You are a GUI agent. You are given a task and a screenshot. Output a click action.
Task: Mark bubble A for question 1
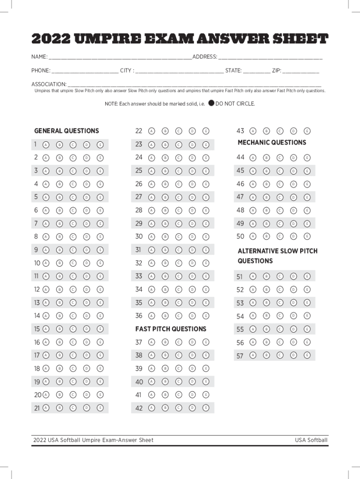46,145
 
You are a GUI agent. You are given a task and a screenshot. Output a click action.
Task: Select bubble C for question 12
73,290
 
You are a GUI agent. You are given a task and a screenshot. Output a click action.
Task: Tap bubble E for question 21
100,408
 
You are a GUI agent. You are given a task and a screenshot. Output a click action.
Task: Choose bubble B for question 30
165,237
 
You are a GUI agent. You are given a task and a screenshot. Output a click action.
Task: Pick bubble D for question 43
293,131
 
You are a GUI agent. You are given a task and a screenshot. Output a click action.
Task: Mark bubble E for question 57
307,356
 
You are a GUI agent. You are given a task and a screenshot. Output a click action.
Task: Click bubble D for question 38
192,356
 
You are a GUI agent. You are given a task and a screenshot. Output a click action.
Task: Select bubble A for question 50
253,237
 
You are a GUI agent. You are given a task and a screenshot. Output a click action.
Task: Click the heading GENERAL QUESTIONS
66,131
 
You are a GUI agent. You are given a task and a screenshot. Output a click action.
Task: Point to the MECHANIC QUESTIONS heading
272,143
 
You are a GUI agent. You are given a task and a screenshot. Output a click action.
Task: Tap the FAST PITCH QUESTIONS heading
171,329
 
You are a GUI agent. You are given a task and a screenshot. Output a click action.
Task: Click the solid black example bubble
211,103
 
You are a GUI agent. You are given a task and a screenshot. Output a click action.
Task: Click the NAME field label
39,57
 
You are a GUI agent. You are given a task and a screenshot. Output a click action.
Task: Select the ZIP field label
276,71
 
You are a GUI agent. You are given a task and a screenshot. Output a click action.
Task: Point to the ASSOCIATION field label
49,84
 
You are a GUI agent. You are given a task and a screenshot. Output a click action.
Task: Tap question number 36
139,316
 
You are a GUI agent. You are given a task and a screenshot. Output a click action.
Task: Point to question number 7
36,224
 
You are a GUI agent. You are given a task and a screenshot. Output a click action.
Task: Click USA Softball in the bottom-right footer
311,440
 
